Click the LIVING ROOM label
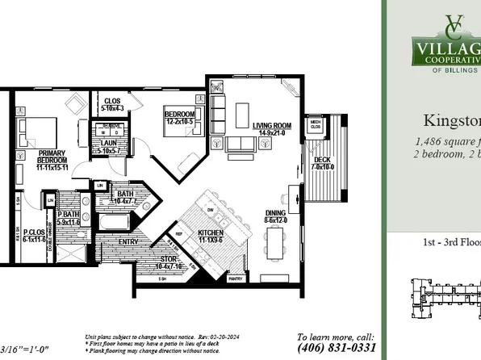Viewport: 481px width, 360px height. (272, 126)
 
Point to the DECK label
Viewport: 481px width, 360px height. (321, 160)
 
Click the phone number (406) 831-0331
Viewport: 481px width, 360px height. (336, 347)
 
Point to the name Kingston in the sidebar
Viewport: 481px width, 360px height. (452, 120)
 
